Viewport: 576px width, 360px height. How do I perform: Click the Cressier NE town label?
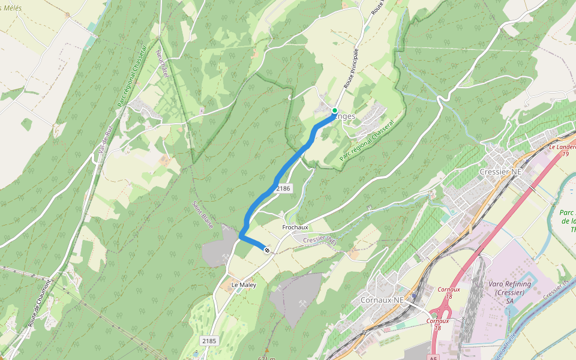point(500,172)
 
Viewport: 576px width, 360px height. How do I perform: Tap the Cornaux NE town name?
point(382,299)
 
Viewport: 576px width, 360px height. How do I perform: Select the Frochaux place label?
point(295,227)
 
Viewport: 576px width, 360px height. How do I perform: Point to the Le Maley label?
point(244,285)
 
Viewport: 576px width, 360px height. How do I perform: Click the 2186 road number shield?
point(283,188)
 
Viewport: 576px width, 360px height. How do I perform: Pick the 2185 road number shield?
point(209,341)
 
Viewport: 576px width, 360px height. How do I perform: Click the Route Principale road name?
point(352,69)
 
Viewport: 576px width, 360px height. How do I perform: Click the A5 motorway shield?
point(434,358)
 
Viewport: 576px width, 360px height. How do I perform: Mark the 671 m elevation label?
point(267,358)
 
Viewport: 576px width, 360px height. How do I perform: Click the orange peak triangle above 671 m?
point(267,350)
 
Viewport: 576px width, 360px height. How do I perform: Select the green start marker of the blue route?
point(335,110)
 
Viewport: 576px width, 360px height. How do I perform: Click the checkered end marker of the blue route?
point(267,250)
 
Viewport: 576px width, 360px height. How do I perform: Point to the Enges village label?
point(346,116)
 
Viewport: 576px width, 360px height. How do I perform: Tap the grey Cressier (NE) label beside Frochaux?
point(320,240)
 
